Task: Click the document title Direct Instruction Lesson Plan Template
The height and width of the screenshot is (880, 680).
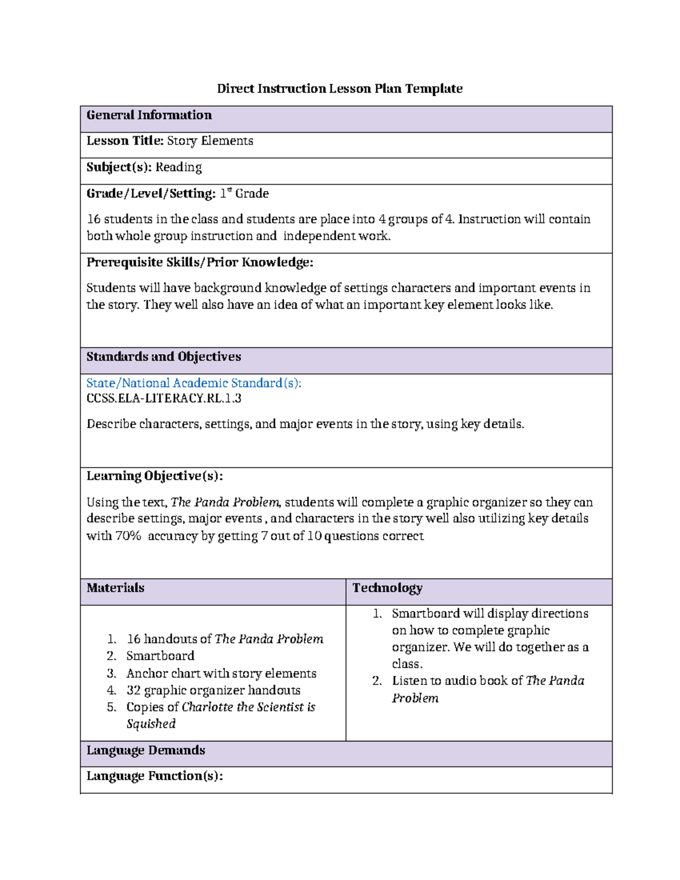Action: click(339, 88)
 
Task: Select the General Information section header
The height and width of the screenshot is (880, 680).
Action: click(149, 115)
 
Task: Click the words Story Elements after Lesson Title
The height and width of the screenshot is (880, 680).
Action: click(210, 141)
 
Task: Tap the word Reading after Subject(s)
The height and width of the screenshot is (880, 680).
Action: click(178, 167)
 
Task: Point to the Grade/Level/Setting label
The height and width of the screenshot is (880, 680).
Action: click(151, 193)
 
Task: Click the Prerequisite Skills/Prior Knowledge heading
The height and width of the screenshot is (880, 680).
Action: click(199, 262)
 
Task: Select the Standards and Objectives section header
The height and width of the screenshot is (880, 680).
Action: click(164, 356)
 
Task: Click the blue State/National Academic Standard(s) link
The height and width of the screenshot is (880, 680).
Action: click(194, 383)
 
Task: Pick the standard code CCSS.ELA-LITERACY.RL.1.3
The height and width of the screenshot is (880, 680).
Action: click(164, 398)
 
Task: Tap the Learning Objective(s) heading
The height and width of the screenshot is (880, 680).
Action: click(154, 475)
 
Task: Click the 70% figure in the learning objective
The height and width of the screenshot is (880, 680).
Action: click(128, 535)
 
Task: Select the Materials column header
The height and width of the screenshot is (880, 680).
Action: click(116, 588)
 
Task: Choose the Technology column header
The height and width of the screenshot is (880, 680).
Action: click(387, 588)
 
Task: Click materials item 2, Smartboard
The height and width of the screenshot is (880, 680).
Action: click(160, 656)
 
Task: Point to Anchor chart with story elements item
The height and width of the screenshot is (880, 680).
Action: click(221, 673)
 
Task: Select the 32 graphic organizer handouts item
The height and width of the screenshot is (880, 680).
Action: click(213, 690)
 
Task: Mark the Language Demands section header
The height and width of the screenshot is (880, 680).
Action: click(146, 750)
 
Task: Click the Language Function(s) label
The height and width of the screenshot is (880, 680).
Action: click(154, 776)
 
